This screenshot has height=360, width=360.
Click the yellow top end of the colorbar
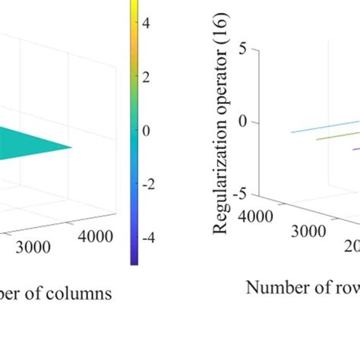pos(133,3)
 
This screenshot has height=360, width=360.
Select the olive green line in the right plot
pos(327,134)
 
